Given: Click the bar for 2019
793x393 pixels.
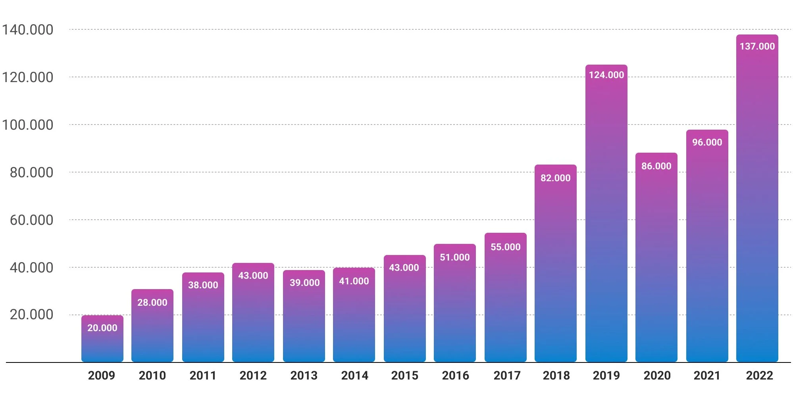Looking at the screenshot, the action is pyautogui.click(x=606, y=213).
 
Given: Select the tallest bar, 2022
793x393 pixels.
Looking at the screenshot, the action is pyautogui.click(x=757, y=198).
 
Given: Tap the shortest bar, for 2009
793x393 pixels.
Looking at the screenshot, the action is pyautogui.click(x=102, y=339).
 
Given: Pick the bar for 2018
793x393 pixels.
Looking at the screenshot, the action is pyautogui.click(x=555, y=263).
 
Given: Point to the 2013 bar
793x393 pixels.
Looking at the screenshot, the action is pyautogui.click(x=304, y=316).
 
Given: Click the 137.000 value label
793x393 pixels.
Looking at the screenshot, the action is pyautogui.click(x=757, y=46).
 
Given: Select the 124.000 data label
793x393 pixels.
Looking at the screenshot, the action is pyautogui.click(x=606, y=75).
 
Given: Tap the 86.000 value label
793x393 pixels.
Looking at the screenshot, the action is pyautogui.click(x=656, y=166).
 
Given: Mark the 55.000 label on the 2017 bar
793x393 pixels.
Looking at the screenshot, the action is pyautogui.click(x=505, y=247).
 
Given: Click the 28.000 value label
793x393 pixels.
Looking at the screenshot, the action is pyautogui.click(x=152, y=303).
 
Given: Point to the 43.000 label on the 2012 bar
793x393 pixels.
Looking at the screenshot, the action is pyautogui.click(x=253, y=276).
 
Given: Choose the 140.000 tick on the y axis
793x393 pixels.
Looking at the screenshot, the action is pyautogui.click(x=27, y=30).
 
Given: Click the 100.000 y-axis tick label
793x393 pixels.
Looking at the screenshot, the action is pyautogui.click(x=27, y=125).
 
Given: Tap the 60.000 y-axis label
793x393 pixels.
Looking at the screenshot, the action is pyautogui.click(x=31, y=220).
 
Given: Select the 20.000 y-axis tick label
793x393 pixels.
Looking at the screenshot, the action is pyautogui.click(x=31, y=314).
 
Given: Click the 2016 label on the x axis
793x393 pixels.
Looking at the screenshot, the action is pyautogui.click(x=455, y=376).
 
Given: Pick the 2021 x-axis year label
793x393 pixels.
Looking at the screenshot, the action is pyautogui.click(x=707, y=376).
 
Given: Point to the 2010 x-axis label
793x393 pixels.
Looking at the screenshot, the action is pyautogui.click(x=152, y=376).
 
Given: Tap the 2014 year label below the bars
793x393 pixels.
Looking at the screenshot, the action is pyautogui.click(x=354, y=376).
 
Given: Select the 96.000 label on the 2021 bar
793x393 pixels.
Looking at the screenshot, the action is pyautogui.click(x=707, y=142).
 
